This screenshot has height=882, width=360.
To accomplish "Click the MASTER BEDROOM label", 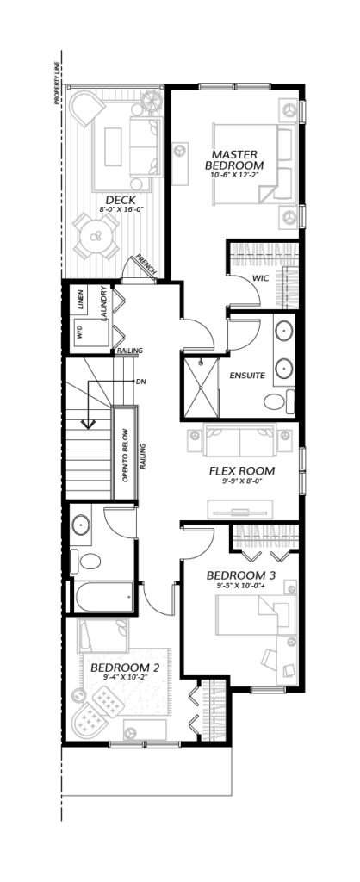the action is pyautogui.click(x=234, y=159).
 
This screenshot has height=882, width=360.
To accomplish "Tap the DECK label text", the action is pyautogui.click(x=121, y=200).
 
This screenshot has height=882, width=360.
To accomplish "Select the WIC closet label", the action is pyautogui.click(x=260, y=278).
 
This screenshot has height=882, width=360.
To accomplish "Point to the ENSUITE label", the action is pyautogui.click(x=247, y=376).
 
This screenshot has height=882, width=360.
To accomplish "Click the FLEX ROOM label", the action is pyautogui.click(x=242, y=471).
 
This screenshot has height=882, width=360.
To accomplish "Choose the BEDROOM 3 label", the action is pyautogui.click(x=244, y=575).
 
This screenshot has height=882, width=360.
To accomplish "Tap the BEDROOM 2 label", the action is pyautogui.click(x=126, y=668).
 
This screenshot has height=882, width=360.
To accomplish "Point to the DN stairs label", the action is pyautogui.click(x=140, y=382).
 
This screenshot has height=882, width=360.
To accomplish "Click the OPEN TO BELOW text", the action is pyautogui.click(x=126, y=455).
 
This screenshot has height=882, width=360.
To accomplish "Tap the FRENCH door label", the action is pyautogui.click(x=147, y=265).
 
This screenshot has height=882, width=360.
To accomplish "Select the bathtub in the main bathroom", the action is pyautogui.click(x=104, y=597).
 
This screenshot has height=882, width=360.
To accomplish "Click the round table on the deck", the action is pyautogui.click(x=95, y=236).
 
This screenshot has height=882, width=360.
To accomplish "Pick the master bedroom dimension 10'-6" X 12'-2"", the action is pyautogui.click(x=234, y=175).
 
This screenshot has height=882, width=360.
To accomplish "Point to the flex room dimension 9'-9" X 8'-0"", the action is pyautogui.click(x=242, y=481).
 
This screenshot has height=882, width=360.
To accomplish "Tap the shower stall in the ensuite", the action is pyautogui.click(x=202, y=387).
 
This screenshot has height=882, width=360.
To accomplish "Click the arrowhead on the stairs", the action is pyautogui.click(x=88, y=424).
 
